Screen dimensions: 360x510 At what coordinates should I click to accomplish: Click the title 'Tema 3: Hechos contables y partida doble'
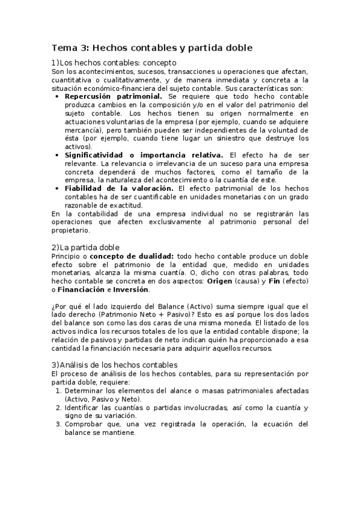click(151, 48)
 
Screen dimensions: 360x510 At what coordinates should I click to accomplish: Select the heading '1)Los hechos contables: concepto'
click(114, 63)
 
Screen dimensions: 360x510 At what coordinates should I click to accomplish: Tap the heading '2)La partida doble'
click(86, 247)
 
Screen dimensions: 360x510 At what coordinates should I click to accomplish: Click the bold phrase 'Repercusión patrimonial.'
click(113, 96)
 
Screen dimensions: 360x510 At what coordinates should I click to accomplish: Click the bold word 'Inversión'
click(130, 289)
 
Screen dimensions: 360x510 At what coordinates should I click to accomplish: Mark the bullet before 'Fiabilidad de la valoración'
click(56, 188)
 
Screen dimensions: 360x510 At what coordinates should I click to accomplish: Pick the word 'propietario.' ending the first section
click(70, 230)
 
